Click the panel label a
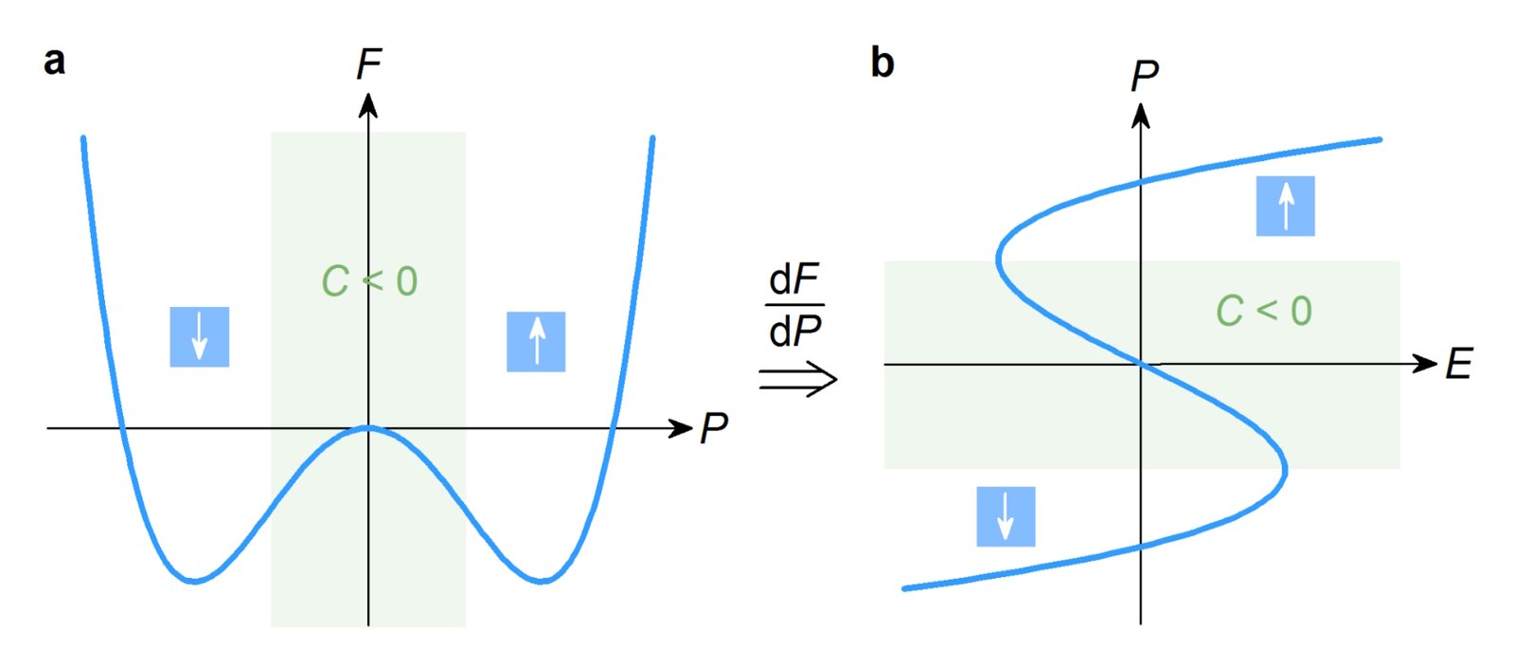point(55,61)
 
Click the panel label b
point(882,63)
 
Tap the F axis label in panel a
point(368,64)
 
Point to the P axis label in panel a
point(713,429)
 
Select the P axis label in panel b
point(1144,76)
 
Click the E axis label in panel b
point(1458,365)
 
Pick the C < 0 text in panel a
point(369,281)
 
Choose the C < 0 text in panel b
point(1264,311)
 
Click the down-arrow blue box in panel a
point(200,336)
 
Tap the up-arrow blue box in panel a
point(536,341)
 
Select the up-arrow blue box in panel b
point(1285,206)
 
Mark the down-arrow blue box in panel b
point(1006,516)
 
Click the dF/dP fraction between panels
point(795,306)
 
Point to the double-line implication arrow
point(798,381)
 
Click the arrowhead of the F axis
point(368,104)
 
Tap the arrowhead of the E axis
point(1425,364)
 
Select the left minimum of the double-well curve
point(194,581)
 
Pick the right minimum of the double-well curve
point(542,581)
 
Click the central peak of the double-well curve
point(368,427)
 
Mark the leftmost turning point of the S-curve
point(999,258)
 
